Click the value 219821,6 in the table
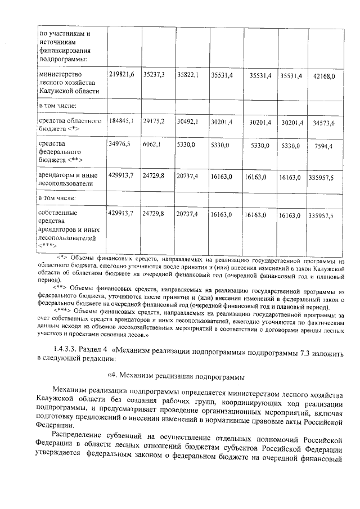pos(120,75)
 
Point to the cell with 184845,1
pos(120,121)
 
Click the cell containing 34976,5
pos(119,145)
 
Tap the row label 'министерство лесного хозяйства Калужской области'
pos(68,83)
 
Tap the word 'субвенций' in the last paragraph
pos(133,435)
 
